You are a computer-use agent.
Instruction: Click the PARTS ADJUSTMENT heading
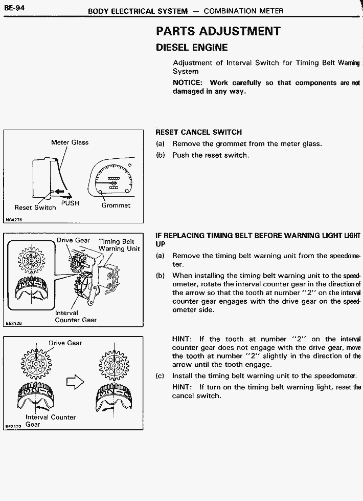point(218,31)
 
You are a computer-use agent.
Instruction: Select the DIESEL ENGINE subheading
point(191,48)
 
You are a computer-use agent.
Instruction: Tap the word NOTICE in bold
point(187,82)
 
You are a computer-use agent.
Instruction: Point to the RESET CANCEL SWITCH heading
point(198,132)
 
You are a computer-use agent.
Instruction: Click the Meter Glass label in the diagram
point(70,142)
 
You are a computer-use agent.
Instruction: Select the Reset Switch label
point(35,207)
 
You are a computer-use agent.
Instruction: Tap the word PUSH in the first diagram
point(70,203)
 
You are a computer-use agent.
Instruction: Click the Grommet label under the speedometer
point(116,205)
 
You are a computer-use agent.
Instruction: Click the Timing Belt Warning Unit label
point(119,245)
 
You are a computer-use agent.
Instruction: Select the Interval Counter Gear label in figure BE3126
point(75,316)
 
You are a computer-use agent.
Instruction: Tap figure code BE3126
point(14,323)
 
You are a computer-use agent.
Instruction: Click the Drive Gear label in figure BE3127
point(65,343)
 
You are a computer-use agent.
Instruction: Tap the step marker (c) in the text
point(160,375)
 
